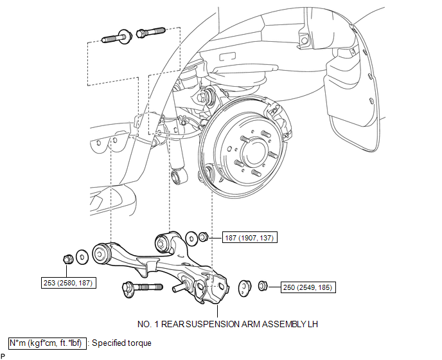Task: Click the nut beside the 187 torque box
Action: pos(203,237)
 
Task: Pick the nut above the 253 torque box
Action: pos(67,258)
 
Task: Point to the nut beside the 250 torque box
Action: pos(262,286)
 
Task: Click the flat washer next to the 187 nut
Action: pos(191,239)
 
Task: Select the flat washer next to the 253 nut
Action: pos(82,257)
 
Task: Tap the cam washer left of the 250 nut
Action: pos(244,289)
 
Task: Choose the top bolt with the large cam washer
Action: pos(116,37)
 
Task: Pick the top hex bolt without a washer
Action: pos(150,32)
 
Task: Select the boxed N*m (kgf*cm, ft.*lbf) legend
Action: pos(47,343)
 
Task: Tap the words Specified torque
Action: pos(121,343)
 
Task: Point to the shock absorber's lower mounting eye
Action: pos(179,175)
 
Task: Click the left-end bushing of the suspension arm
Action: pos(100,254)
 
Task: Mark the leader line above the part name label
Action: pos(217,312)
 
